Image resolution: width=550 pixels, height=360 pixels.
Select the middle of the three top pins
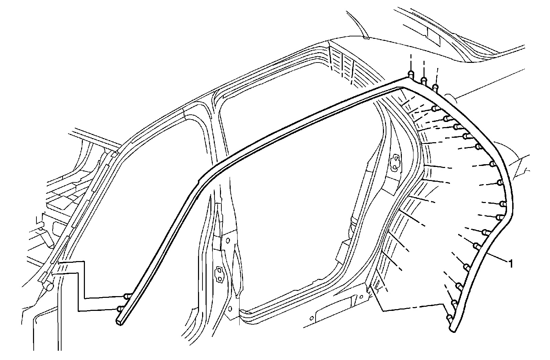point(424,80)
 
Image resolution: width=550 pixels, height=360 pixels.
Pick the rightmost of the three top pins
point(436,87)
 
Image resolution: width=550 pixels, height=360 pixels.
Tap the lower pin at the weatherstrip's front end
point(121,308)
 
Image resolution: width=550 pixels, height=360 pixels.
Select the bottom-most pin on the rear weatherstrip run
point(449,318)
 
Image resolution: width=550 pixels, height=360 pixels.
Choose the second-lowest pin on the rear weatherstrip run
point(454,303)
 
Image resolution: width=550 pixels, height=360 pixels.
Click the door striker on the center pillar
point(219,273)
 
